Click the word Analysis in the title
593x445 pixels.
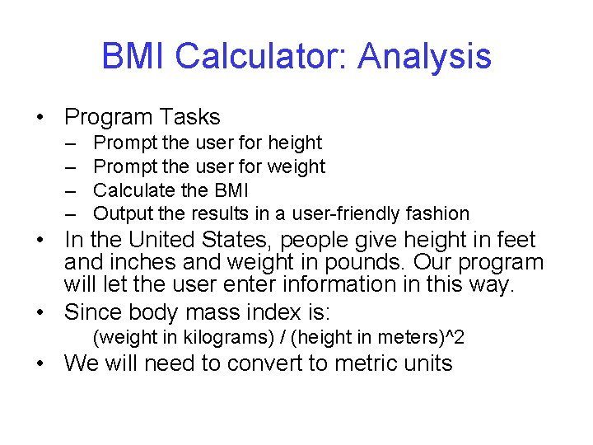[x=425, y=57]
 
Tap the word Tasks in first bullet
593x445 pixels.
[x=191, y=117]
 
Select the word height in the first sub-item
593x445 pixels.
[x=295, y=143]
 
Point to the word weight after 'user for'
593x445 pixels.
[x=296, y=166]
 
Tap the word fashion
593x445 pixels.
[x=437, y=213]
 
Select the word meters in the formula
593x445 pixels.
[x=409, y=338]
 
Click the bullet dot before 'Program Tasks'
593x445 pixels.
[x=40, y=118]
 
